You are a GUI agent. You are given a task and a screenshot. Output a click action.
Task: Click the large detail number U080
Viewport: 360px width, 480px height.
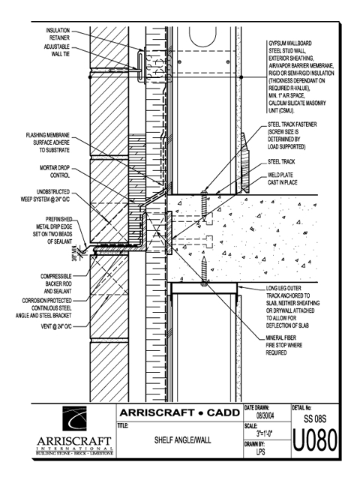click(315, 440)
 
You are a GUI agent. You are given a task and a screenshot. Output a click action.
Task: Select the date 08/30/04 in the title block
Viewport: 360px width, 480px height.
click(265, 416)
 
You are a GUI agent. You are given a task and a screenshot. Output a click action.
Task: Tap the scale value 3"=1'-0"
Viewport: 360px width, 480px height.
click(265, 433)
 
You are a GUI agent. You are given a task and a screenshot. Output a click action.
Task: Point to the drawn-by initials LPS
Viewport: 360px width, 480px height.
click(260, 451)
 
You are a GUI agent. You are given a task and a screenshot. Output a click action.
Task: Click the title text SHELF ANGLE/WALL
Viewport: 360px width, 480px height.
click(183, 440)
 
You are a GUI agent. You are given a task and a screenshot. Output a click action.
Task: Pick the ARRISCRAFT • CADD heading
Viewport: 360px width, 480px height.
click(180, 412)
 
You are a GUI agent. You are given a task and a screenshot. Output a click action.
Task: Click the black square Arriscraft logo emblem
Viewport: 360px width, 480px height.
click(75, 418)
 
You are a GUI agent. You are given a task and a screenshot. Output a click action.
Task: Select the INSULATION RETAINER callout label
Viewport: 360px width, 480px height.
click(58, 34)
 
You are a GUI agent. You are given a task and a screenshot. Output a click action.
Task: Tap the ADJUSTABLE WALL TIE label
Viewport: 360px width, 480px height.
click(57, 50)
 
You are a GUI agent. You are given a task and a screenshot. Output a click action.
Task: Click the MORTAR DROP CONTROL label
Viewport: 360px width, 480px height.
click(55, 172)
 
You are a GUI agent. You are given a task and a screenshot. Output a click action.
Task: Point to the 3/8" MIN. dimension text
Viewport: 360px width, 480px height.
click(74, 253)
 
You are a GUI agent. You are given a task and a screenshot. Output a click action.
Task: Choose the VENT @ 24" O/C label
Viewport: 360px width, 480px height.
click(56, 327)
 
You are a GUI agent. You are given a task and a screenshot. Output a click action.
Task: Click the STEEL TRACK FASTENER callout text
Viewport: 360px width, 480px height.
click(292, 136)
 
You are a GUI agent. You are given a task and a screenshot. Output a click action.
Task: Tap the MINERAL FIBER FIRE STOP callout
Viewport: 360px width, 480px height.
click(283, 345)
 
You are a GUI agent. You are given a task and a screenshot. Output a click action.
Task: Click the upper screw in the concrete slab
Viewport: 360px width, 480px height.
click(205, 205)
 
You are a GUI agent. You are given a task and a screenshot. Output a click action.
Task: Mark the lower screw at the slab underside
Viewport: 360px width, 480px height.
click(204, 271)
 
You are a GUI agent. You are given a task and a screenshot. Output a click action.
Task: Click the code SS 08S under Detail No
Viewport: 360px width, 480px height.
click(315, 418)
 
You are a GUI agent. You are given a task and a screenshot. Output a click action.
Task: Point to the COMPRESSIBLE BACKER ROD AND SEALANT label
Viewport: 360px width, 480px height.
click(56, 283)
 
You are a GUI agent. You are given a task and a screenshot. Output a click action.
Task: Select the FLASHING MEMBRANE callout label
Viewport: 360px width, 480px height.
click(48, 142)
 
